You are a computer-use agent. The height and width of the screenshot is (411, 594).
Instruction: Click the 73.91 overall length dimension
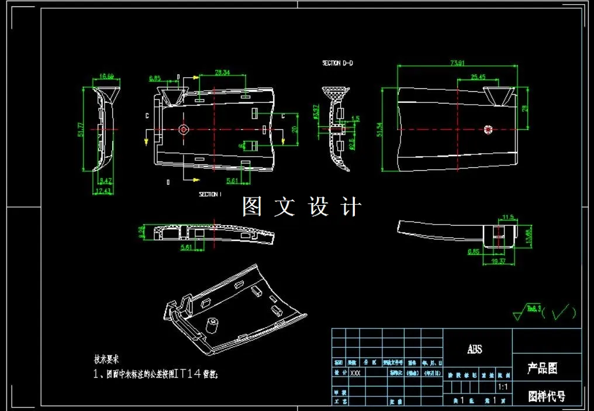coord(457,63)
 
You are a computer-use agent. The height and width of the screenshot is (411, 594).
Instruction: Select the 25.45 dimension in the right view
coord(478,77)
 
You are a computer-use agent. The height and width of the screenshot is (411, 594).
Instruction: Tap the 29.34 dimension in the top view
coord(222,73)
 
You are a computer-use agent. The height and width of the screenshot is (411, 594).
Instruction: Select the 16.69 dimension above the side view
coord(106,76)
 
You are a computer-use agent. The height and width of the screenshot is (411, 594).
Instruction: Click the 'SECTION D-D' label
coord(337,63)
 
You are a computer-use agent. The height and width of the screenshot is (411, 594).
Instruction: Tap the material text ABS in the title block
coord(475,350)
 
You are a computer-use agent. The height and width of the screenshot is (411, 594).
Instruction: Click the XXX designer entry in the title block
coord(354,372)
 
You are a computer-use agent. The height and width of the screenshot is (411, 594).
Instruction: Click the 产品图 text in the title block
coord(543,368)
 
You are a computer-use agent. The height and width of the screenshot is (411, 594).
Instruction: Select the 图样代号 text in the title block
coord(547,396)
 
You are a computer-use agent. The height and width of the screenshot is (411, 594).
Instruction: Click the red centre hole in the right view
coord(489,129)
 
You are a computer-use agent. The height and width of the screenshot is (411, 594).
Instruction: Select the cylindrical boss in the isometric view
coord(213,323)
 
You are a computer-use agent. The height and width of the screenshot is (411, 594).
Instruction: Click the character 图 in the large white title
coord(252,206)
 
